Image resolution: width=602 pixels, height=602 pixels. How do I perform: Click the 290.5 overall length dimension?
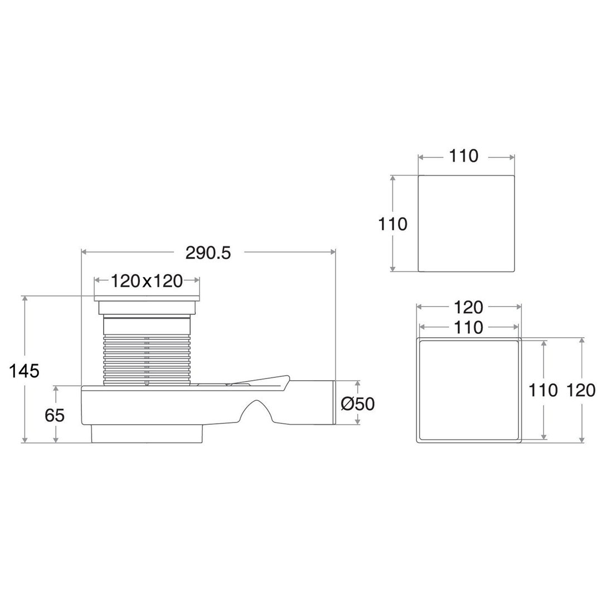click(x=208, y=253)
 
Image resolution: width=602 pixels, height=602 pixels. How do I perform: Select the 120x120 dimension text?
click(x=147, y=281)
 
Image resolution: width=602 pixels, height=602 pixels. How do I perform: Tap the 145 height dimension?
click(x=24, y=371)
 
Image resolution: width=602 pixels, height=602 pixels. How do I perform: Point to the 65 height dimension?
click(x=55, y=415)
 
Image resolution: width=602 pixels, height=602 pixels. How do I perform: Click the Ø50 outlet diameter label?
click(x=357, y=404)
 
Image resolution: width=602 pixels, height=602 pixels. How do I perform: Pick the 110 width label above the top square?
click(x=463, y=156)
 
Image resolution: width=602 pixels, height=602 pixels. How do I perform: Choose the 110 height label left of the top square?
click(x=392, y=224)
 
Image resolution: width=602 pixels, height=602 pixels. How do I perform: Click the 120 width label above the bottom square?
click(x=468, y=307)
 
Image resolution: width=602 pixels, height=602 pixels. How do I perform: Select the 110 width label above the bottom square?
click(x=468, y=328)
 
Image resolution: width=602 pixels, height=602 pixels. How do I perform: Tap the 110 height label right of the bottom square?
click(x=543, y=390)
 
